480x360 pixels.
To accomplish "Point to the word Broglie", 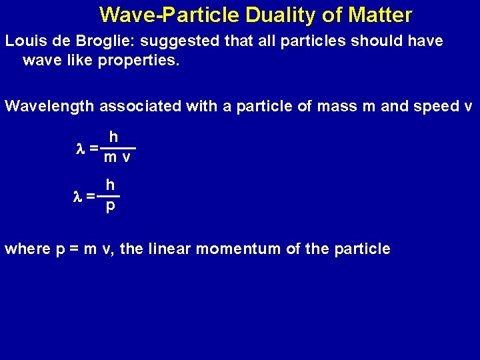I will (104, 41).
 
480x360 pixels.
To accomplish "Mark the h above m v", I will (114, 137).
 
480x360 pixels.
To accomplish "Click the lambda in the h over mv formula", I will (81, 148).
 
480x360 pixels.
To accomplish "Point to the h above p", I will (110, 185).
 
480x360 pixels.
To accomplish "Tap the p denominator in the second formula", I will (111, 207).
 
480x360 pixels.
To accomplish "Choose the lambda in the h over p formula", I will (77, 196).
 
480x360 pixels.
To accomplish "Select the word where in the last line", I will (27, 249).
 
